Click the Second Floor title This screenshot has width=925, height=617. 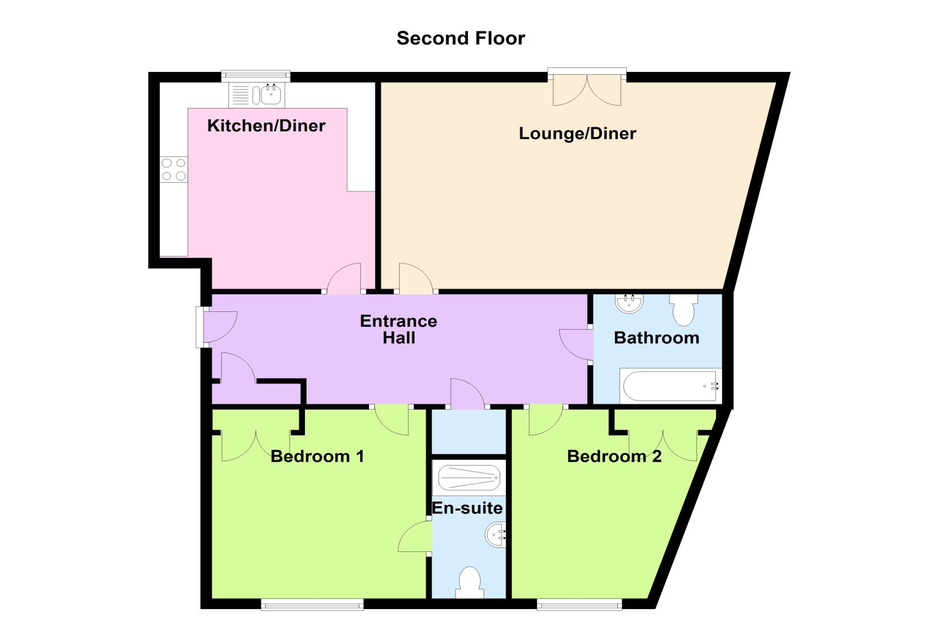[x=461, y=38]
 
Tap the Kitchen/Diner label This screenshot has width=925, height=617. [x=266, y=126]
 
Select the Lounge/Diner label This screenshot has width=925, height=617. [x=577, y=134]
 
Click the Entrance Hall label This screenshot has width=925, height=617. [x=399, y=330]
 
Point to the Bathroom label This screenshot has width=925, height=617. [x=657, y=338]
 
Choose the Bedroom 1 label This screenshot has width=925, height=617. [x=317, y=456]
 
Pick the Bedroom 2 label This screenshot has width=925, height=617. [x=614, y=456]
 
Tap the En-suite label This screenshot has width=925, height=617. [x=467, y=508]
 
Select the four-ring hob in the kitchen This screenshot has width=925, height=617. [x=174, y=170]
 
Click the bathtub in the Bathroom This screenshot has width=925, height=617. [x=670, y=386]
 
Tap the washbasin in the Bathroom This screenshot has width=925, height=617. [x=629, y=303]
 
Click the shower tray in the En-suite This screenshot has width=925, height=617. [x=469, y=478]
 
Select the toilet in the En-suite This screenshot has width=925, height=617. [x=469, y=582]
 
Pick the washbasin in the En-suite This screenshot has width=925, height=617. [x=496, y=535]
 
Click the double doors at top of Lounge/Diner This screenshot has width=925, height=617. [x=587, y=87]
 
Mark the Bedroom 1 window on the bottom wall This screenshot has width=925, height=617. [x=312, y=605]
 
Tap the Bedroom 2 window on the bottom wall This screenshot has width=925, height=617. [x=580, y=605]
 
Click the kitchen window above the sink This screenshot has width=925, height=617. [x=256, y=76]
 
